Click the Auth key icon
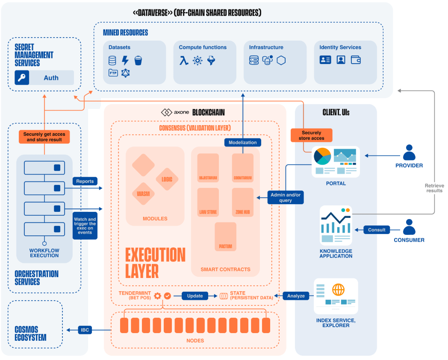point(22,78)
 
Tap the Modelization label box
point(243,142)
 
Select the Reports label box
point(85,181)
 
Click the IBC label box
point(85,330)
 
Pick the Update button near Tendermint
point(195,296)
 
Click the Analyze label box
point(296,296)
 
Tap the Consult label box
point(377,230)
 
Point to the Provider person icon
point(409,152)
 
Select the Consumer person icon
point(409,227)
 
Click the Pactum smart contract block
point(225,236)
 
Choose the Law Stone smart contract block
point(208,202)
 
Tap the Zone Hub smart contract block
point(242,202)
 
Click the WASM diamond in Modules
point(143,193)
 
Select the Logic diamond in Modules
point(167,179)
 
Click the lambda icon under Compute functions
point(184,61)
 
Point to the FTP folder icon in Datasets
point(113,73)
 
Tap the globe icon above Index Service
point(338,290)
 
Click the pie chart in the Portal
point(322,156)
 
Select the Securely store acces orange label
point(311,135)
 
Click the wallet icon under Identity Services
point(356,60)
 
